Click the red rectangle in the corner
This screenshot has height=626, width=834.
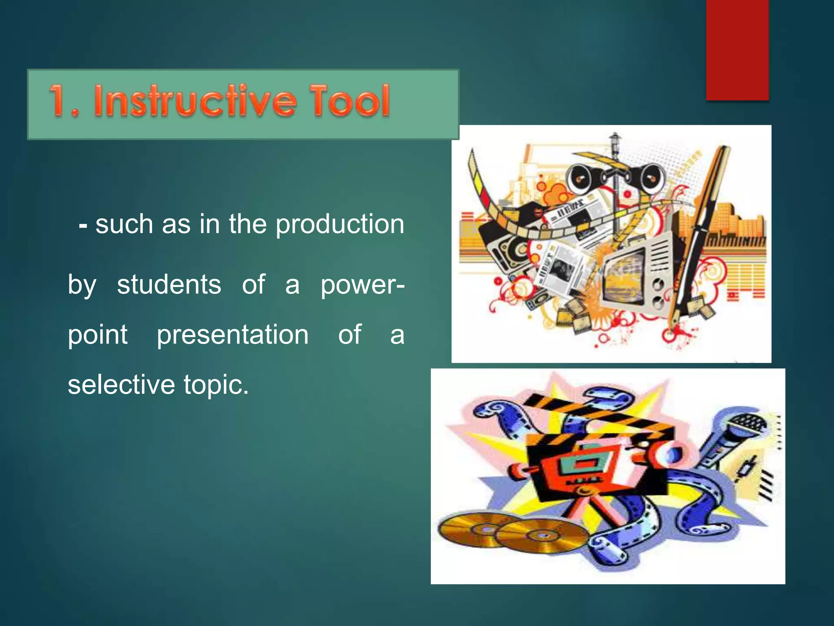pyautogui.click(x=737, y=49)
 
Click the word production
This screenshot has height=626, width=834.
pyautogui.click(x=340, y=225)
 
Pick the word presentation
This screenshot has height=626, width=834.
pyautogui.click(x=233, y=335)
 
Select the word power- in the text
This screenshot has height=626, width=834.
pyautogui.click(x=362, y=285)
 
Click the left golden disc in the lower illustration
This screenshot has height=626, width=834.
pyautogui.click(x=468, y=530)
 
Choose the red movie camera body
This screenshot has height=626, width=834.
pyautogui.click(x=578, y=465)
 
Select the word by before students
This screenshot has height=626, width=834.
pyautogui.click(x=82, y=285)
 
